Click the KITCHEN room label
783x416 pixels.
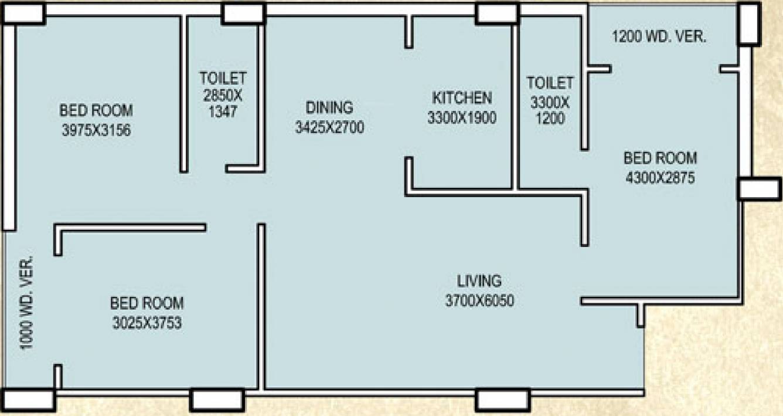[462, 97]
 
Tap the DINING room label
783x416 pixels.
[329, 107]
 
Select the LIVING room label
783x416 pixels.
[479, 280]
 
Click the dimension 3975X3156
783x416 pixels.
[96, 130]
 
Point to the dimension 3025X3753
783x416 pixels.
[147, 323]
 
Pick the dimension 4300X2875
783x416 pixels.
[661, 178]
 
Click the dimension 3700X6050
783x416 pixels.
[479, 301]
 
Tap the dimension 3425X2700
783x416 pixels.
[329, 127]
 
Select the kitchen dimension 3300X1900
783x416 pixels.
[462, 117]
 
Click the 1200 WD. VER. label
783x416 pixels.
[659, 37]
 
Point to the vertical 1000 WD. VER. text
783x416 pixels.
[28, 302]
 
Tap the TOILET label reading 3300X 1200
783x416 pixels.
[549, 100]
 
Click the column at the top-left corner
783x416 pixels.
[24, 13]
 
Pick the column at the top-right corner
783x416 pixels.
[748, 24]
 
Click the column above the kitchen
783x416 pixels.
[497, 13]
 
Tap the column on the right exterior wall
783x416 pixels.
[759, 188]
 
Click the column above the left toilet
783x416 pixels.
[243, 13]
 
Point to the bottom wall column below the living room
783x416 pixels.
[502, 400]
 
